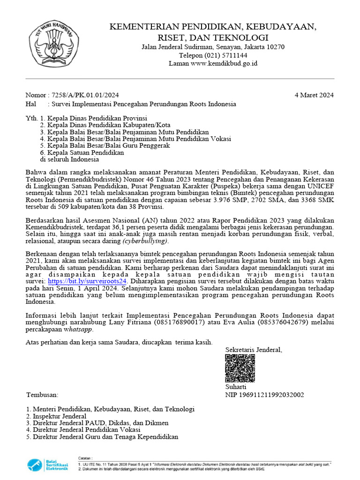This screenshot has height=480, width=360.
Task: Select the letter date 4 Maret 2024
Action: click(314, 95)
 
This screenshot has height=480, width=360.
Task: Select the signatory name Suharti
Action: click(236, 387)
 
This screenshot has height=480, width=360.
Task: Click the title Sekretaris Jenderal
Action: click(254, 350)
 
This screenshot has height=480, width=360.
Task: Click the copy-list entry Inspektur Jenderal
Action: click(60, 416)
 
